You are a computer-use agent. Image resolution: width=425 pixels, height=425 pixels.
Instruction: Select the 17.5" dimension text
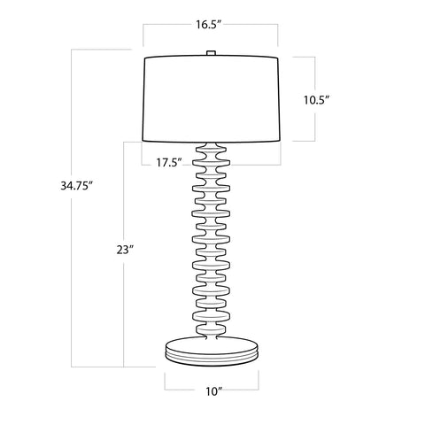click(x=168, y=162)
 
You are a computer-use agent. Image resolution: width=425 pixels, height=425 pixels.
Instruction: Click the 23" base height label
click(x=124, y=250)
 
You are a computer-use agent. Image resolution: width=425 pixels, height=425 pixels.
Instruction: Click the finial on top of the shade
click(x=211, y=54)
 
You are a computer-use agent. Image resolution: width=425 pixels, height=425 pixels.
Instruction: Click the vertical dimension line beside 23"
click(x=124, y=310)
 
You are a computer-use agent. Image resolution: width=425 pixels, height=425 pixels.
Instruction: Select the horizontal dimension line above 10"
click(x=211, y=375)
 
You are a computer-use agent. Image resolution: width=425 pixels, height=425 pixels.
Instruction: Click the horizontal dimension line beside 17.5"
click(x=239, y=164)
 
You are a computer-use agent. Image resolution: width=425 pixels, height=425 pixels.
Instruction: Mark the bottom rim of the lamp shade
click(x=211, y=142)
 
